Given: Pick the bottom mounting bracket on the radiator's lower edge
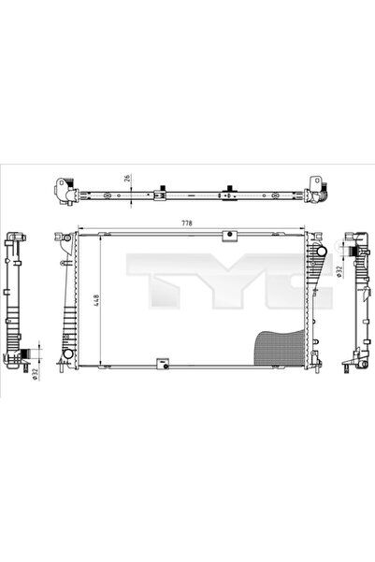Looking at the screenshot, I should (163, 359).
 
